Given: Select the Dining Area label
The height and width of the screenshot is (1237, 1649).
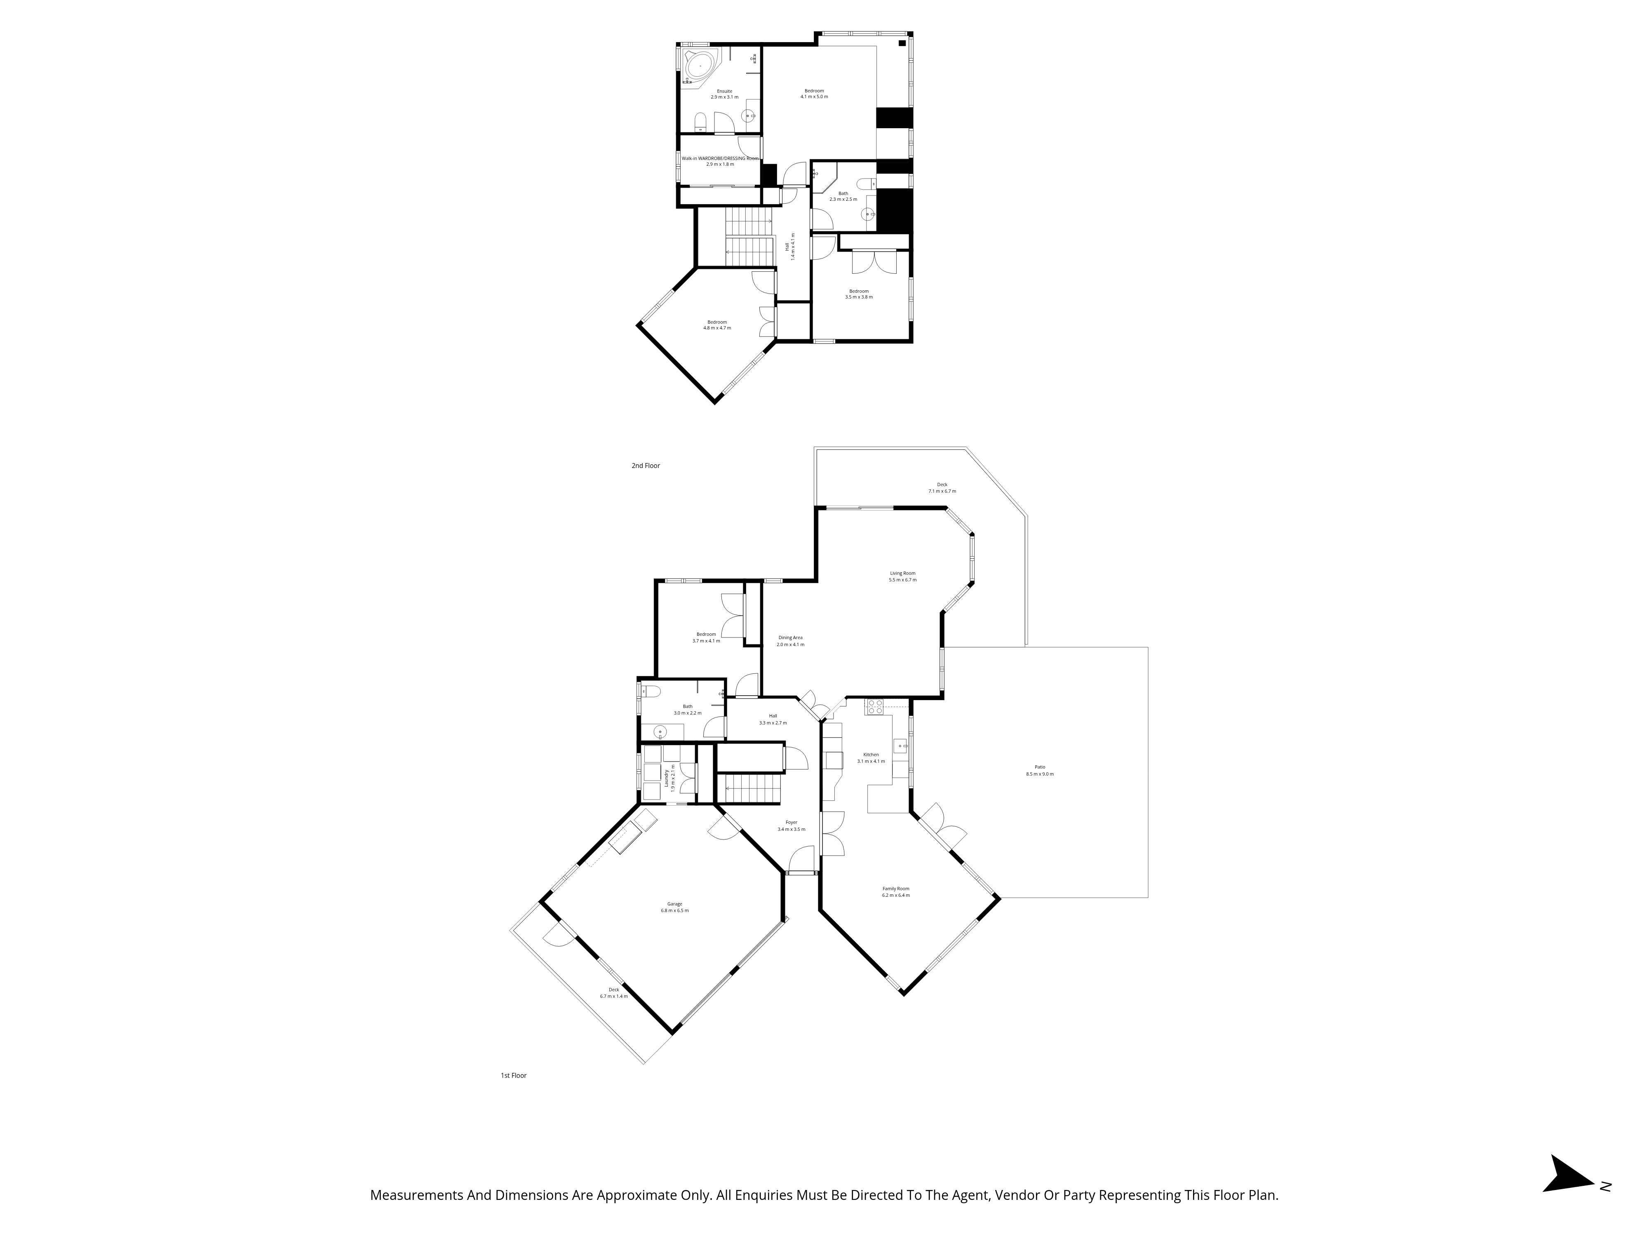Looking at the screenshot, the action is [790, 640].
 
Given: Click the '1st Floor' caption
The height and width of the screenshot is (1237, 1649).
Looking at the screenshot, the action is [514, 1076].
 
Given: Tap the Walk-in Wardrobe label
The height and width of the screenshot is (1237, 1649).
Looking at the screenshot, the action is [720, 161].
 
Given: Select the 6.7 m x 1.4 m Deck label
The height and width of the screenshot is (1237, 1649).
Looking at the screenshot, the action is [613, 992].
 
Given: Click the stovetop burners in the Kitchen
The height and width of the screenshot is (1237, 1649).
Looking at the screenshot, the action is [874, 706].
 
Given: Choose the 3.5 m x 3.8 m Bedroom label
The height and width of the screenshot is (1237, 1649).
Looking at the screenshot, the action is [859, 294].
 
